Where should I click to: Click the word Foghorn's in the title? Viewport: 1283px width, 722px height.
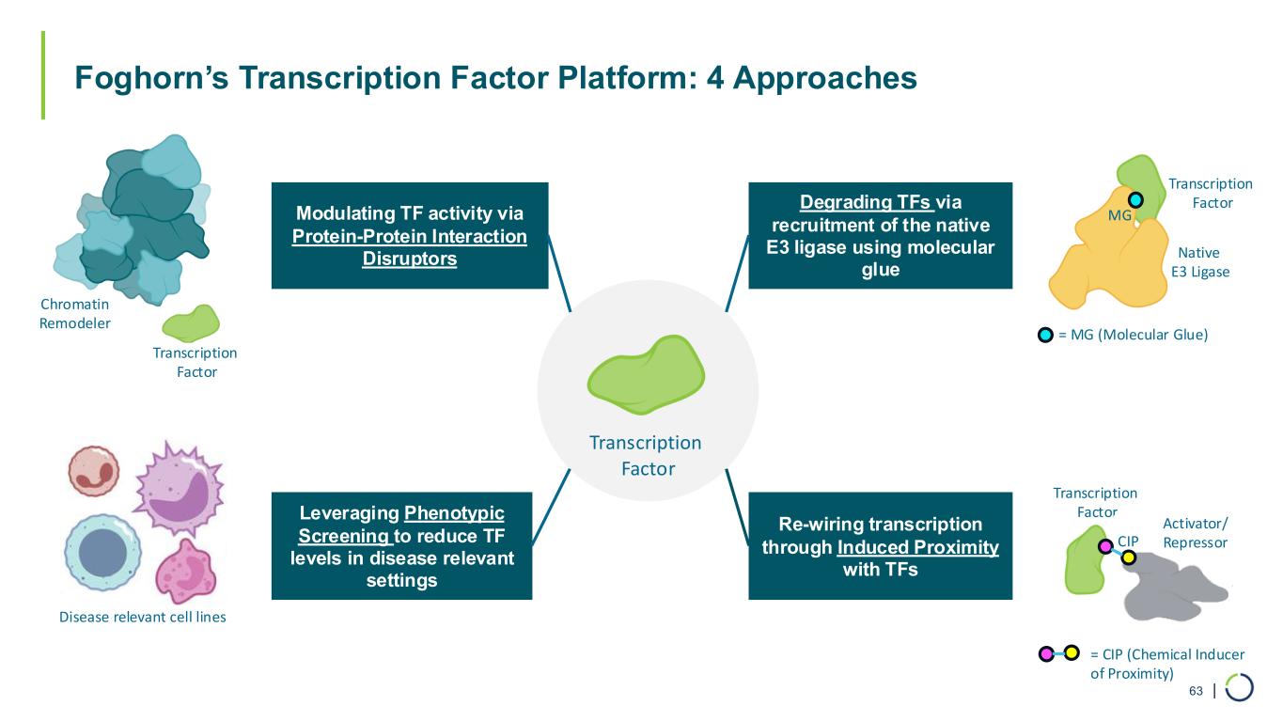click(151, 78)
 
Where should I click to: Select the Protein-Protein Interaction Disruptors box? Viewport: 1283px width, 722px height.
click(410, 236)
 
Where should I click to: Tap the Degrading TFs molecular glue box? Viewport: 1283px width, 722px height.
click(881, 236)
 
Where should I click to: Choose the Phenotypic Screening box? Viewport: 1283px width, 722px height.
click(401, 546)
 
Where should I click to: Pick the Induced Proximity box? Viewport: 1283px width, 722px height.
click(881, 546)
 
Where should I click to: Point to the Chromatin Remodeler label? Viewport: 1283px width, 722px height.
click(74, 313)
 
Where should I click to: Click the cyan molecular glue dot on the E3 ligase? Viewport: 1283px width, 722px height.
click(1135, 200)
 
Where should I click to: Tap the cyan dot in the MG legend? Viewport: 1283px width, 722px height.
click(1045, 335)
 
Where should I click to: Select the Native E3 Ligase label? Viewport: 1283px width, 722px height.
click(1200, 262)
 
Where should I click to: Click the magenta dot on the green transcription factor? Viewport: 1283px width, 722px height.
click(1105, 546)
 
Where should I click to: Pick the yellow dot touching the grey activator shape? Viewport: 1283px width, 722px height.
click(1128, 557)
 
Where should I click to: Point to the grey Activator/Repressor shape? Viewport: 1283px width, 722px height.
click(1174, 588)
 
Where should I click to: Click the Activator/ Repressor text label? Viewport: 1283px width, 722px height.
click(1196, 533)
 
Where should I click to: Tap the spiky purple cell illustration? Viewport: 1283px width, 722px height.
click(180, 489)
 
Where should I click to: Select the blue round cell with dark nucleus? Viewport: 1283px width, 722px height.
click(102, 553)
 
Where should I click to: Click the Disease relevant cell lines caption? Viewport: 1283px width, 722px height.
click(143, 617)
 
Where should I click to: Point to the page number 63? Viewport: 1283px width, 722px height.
click(1196, 691)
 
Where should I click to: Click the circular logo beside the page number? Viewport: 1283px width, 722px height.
click(1240, 687)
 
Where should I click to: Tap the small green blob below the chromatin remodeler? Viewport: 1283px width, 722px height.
click(191, 323)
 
